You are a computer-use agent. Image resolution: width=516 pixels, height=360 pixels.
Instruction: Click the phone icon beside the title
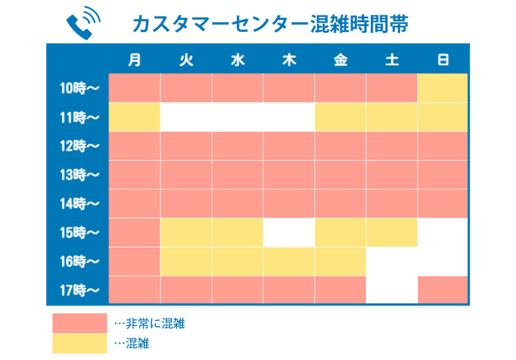83,22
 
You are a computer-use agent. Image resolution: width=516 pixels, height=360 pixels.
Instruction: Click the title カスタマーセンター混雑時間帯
270,24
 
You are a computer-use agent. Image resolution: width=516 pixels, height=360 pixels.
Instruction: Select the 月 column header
135,60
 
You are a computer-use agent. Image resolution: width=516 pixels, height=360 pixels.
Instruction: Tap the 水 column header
238,60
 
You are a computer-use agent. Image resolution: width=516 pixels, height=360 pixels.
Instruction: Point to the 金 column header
341,60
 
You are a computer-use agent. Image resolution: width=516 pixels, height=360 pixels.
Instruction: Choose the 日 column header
443,60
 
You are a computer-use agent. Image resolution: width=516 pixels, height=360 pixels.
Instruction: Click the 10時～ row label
79,88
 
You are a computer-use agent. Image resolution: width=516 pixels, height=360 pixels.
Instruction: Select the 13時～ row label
79,174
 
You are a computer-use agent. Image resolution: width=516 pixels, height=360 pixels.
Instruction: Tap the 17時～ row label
79,290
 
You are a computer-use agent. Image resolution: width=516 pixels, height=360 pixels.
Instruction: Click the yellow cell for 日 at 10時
442,88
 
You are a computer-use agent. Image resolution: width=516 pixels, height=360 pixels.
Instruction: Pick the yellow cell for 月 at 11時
135,117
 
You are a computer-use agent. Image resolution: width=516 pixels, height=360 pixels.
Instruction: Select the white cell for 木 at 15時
289,232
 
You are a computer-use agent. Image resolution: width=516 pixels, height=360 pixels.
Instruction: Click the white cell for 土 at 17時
392,289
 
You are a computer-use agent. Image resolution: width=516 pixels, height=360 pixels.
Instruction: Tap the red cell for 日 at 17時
442,289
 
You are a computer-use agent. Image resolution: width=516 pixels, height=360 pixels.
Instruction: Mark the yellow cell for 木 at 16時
289,262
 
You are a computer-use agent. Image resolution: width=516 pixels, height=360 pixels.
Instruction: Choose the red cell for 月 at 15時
135,232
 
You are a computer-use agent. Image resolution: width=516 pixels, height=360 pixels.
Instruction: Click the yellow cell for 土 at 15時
392,232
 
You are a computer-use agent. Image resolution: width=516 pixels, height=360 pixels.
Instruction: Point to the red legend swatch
80,323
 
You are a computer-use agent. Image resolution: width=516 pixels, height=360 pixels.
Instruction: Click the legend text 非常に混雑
155,324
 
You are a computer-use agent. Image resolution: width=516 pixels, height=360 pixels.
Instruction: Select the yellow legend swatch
80,343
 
